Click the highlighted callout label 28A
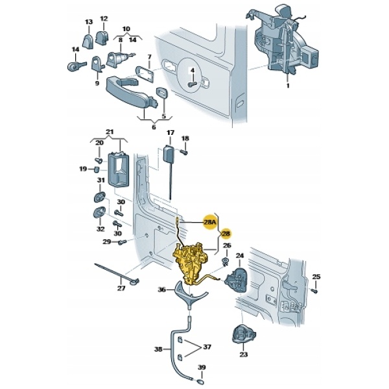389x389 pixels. tap(210, 222)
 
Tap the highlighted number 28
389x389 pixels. tap(226, 233)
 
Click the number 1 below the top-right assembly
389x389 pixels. tap(289, 84)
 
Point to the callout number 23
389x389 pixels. tap(244, 355)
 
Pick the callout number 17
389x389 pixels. tap(171, 134)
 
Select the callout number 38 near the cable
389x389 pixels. tap(158, 349)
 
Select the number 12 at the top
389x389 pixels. tap(104, 18)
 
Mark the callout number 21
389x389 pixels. tap(109, 133)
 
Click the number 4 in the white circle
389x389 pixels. tap(193, 70)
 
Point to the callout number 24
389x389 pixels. tap(239, 255)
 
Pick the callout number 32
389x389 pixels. tap(100, 228)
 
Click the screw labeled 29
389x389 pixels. tap(122, 243)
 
